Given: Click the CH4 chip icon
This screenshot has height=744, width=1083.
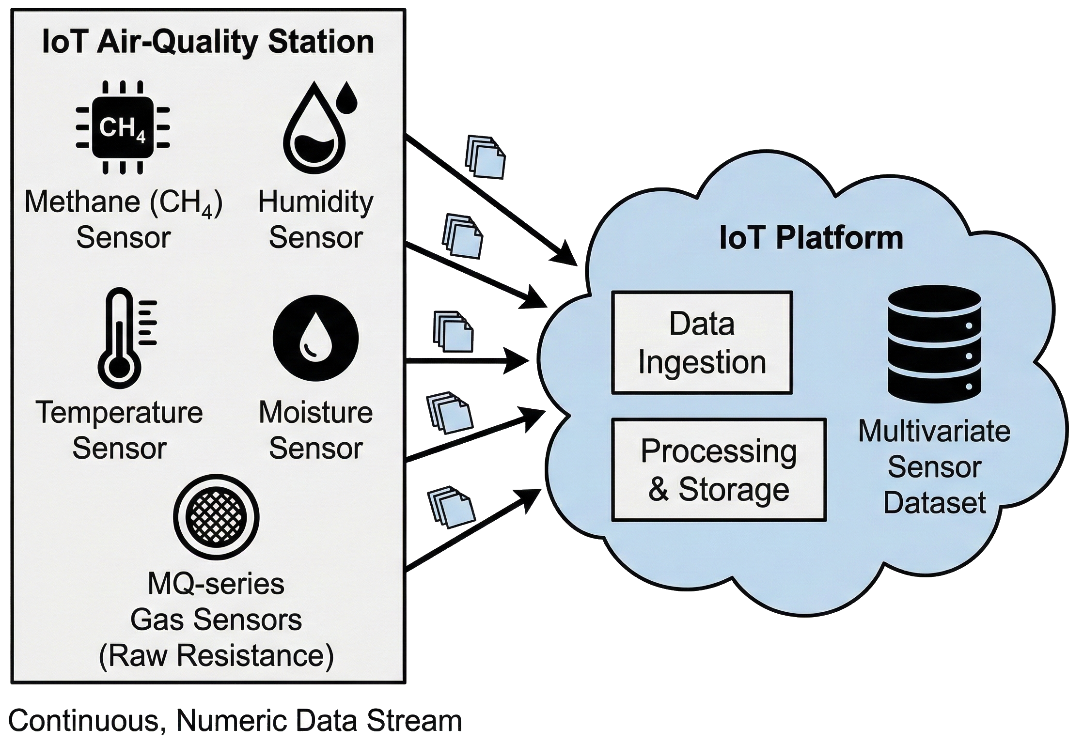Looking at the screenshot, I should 123,127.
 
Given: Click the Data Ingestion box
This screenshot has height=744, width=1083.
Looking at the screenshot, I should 702,342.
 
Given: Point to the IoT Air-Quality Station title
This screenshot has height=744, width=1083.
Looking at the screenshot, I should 208,42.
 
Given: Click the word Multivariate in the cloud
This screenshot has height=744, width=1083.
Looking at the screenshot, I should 934,431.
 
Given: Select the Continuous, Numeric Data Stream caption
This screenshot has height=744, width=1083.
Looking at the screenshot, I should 235,720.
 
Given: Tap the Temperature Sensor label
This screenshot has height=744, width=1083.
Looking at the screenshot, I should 119,430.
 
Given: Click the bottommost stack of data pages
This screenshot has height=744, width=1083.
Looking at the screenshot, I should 451,507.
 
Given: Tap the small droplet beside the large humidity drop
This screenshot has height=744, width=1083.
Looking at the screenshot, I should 346,97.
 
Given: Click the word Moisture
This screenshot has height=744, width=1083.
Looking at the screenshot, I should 315,413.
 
